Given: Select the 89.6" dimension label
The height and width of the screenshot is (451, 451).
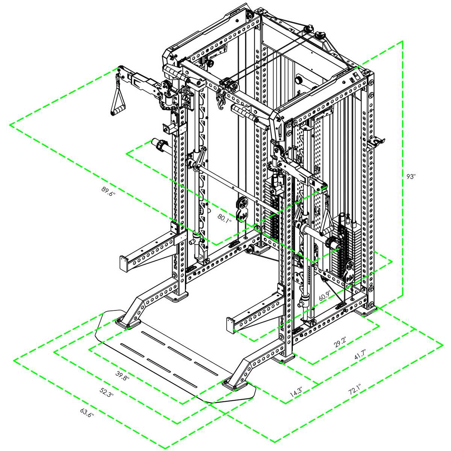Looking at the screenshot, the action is click(109, 191).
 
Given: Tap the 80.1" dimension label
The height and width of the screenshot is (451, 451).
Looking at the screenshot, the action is click(224, 219).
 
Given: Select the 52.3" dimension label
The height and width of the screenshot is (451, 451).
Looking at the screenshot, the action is click(106, 392).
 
